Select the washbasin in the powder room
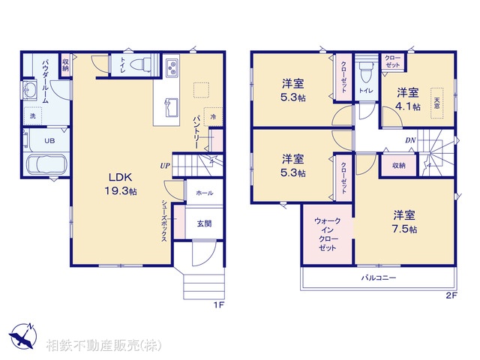tap(31, 92)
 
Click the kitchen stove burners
tap(172, 68)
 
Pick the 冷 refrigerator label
tap(213, 117)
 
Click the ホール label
tap(204, 193)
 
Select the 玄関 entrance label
tap(204, 223)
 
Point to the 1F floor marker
tap(218, 304)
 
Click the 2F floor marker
tap(451, 295)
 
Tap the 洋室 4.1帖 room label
tap(407, 99)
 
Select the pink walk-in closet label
tap(328, 234)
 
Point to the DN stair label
tap(411, 140)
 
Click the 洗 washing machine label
tap(33, 116)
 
